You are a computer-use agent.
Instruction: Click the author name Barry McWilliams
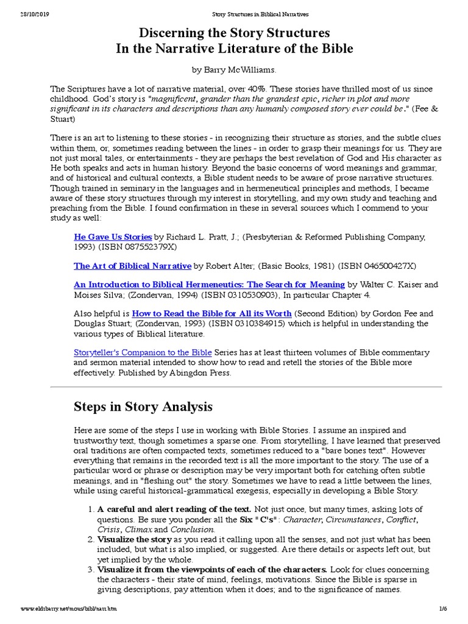pos(237,71)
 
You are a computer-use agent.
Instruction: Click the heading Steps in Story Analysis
pos(143,406)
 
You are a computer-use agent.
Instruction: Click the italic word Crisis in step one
pos(110,530)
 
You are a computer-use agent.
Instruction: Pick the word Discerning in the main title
pos(181,32)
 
